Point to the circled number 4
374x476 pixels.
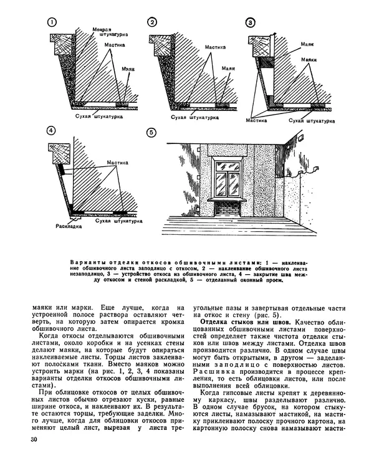pyautogui.click(x=52, y=131)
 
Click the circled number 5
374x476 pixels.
pyautogui.click(x=150, y=132)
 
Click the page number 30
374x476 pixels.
pyautogui.click(x=34, y=459)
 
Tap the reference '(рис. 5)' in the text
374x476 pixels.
pyautogui.click(x=266, y=313)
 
